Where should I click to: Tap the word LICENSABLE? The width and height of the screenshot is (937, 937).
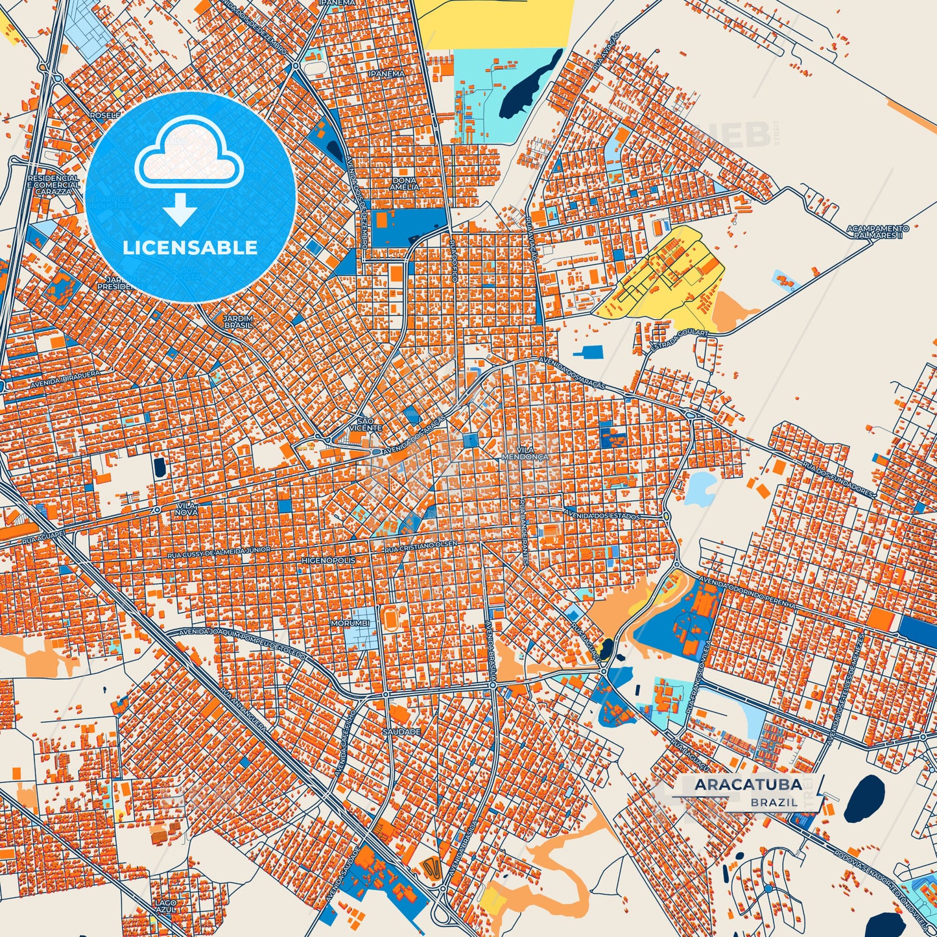click(190, 248)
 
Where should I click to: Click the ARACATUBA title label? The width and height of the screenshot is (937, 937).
click(748, 785)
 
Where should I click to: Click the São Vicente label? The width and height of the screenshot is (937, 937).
click(366, 424)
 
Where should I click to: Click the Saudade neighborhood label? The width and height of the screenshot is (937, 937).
click(402, 731)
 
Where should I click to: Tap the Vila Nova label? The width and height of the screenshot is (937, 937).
click(185, 508)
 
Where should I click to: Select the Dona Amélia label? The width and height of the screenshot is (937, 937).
click(405, 183)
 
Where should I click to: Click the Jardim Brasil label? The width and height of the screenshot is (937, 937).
click(237, 321)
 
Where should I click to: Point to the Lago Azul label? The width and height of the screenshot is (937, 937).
click(165, 906)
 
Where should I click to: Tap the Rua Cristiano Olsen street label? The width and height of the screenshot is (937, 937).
click(421, 547)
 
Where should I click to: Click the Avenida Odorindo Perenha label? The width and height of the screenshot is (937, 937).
click(746, 591)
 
